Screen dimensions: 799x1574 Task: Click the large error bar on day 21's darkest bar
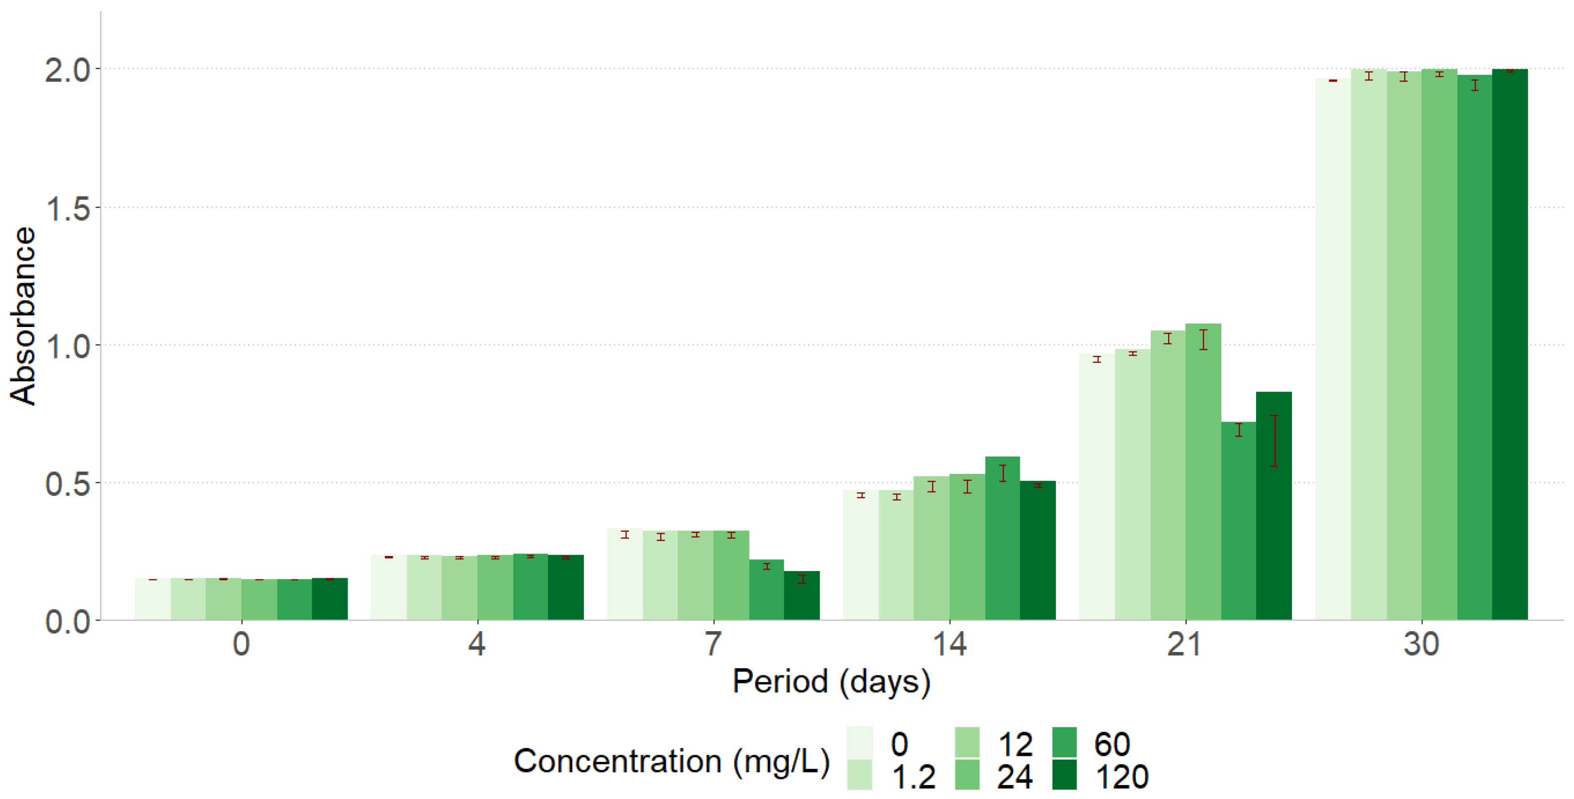(x=1274, y=441)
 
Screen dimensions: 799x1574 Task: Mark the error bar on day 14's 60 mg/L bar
(x=1002, y=473)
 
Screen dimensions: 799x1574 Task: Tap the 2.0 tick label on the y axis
(x=67, y=71)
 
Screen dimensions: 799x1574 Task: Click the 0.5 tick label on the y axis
(x=67, y=485)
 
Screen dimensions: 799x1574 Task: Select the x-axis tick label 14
(x=949, y=644)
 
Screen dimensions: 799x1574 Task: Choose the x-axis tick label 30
(x=1421, y=644)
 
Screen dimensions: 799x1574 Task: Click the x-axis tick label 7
(x=713, y=644)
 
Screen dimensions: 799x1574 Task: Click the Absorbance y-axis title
(x=23, y=315)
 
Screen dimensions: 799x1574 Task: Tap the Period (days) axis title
(x=831, y=682)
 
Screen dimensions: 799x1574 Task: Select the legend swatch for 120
(x=1064, y=775)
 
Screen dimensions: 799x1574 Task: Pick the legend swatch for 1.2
(x=860, y=775)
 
